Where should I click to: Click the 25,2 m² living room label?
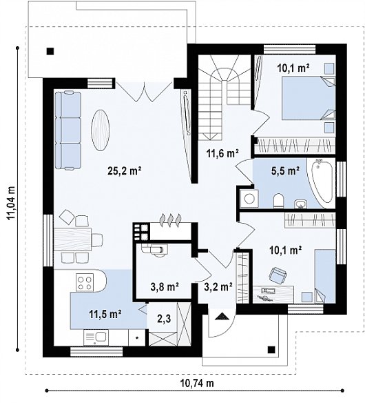[x=125, y=171]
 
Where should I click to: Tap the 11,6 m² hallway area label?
[x=222, y=153]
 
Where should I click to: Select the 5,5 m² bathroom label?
[x=286, y=170]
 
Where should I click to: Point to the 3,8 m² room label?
[x=164, y=286]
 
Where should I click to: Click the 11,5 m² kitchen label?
[x=105, y=313]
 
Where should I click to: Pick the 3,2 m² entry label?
[x=218, y=286]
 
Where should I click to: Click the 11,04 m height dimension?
[x=11, y=203]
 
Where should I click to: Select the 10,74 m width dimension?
[x=197, y=384]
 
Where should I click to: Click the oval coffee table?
[x=101, y=130]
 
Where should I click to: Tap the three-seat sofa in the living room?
[x=68, y=130]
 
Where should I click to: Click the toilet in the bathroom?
[x=278, y=201]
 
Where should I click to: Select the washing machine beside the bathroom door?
[x=249, y=198]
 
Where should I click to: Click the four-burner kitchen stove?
[x=85, y=283]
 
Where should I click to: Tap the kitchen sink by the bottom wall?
[x=96, y=337]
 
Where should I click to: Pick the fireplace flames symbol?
[x=171, y=220]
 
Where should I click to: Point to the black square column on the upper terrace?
[x=50, y=51]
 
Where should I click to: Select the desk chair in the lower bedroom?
[x=278, y=275]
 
